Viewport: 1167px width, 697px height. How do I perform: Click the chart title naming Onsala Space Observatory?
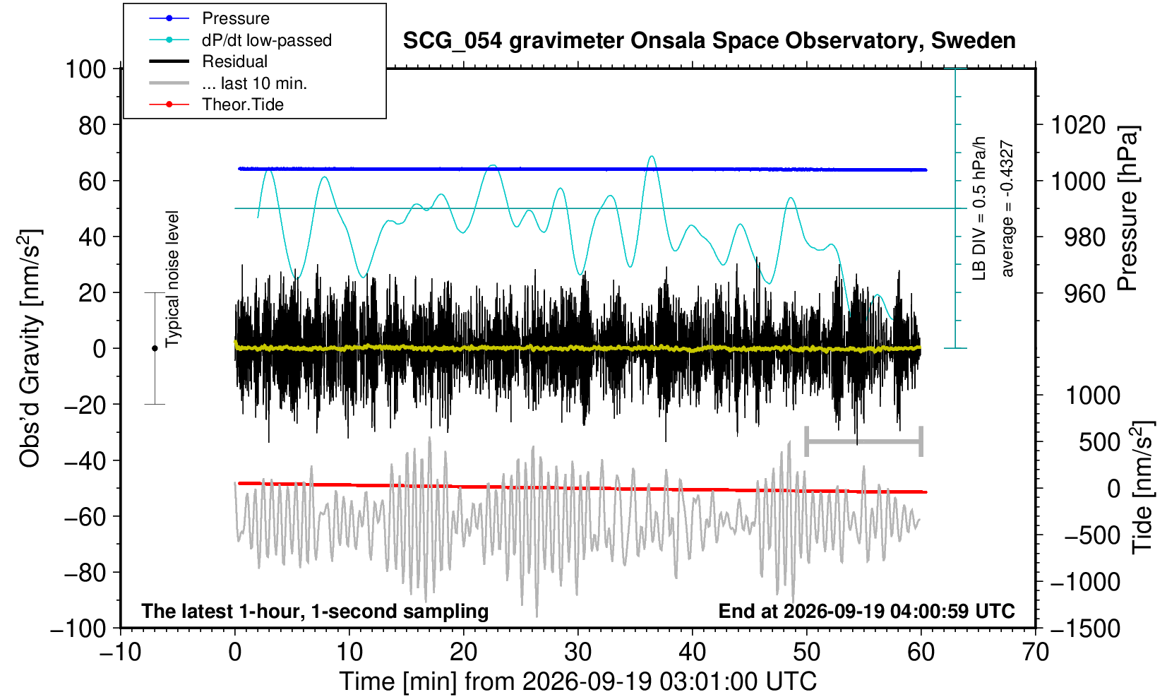click(709, 41)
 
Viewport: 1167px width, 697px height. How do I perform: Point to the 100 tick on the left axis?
click(85, 69)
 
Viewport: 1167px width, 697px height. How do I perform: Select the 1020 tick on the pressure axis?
click(1077, 125)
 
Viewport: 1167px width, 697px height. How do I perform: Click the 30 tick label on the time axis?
click(577, 652)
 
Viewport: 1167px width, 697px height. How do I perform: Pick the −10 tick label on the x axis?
click(120, 652)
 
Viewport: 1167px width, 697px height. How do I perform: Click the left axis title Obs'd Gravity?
click(30, 348)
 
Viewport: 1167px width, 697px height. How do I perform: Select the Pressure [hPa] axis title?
click(1128, 208)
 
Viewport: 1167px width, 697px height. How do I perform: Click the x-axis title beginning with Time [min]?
click(577, 681)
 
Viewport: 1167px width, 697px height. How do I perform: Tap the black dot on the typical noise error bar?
click(155, 348)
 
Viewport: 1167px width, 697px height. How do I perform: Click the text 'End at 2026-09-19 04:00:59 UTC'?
click(866, 611)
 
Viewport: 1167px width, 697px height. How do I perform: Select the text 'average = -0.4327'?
click(1007, 208)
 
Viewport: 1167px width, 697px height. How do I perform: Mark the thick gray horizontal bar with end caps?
click(864, 441)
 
